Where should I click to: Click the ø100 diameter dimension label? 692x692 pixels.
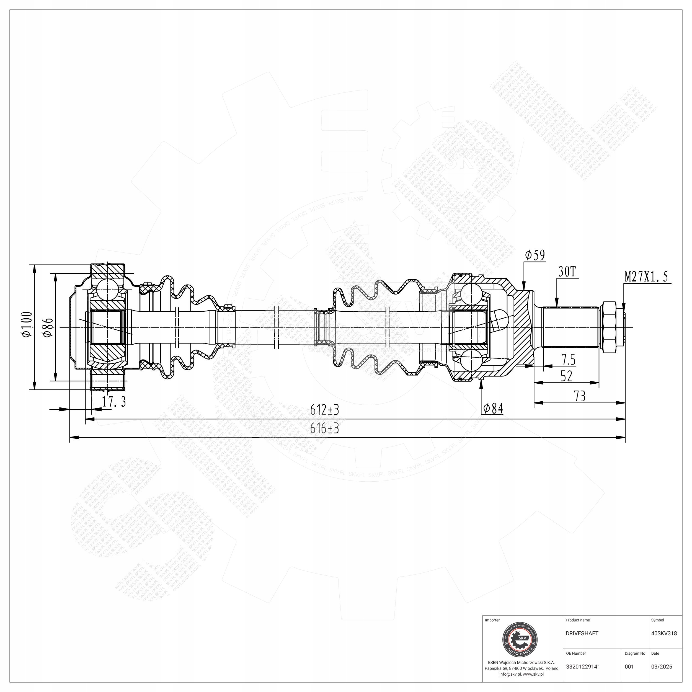27,324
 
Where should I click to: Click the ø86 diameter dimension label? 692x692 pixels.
48,327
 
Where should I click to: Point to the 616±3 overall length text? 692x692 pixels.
324,429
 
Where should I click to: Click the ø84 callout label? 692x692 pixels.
493,408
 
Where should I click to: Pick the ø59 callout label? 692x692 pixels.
535,255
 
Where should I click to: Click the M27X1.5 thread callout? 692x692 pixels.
646,277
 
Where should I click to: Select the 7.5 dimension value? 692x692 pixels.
569,360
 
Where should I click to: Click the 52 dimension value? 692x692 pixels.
566,376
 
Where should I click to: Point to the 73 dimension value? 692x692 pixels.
580,396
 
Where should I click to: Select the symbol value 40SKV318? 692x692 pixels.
664,633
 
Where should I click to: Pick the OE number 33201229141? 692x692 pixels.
583,667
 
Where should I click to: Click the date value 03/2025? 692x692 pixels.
662,667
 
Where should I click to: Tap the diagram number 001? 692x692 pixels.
629,667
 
